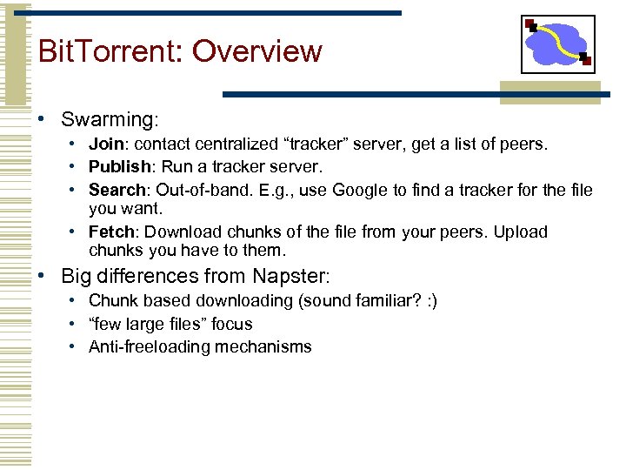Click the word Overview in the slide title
coord(256,51)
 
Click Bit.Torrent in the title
coord(110,51)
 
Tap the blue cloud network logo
coord(557,44)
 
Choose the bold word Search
coord(117,189)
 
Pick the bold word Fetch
coord(113,232)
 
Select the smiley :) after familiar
coord(430,300)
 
